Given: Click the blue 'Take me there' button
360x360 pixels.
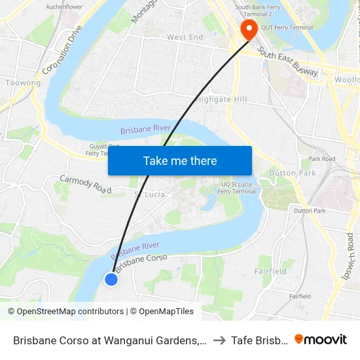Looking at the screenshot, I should tap(180, 161).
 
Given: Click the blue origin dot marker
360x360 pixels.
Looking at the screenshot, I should tap(111, 279).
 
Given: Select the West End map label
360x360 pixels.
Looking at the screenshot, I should tap(185, 38).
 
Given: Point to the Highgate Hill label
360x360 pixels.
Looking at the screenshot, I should tap(222, 99).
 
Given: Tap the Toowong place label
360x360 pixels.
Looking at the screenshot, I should tap(23, 83).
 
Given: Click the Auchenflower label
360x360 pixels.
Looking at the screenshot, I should tap(64, 7).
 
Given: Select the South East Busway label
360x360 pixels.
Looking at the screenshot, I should tap(287, 62).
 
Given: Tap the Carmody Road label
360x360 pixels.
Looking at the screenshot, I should tap(86, 185).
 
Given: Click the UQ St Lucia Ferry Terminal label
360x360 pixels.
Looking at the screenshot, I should tap(236, 187).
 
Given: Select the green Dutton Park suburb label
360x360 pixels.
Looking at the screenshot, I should tap(292, 173).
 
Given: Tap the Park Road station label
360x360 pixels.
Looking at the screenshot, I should tap(321, 158).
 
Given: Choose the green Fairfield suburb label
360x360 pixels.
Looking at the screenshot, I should tap(270, 271).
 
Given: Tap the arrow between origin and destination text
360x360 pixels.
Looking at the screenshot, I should tap(219, 340).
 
